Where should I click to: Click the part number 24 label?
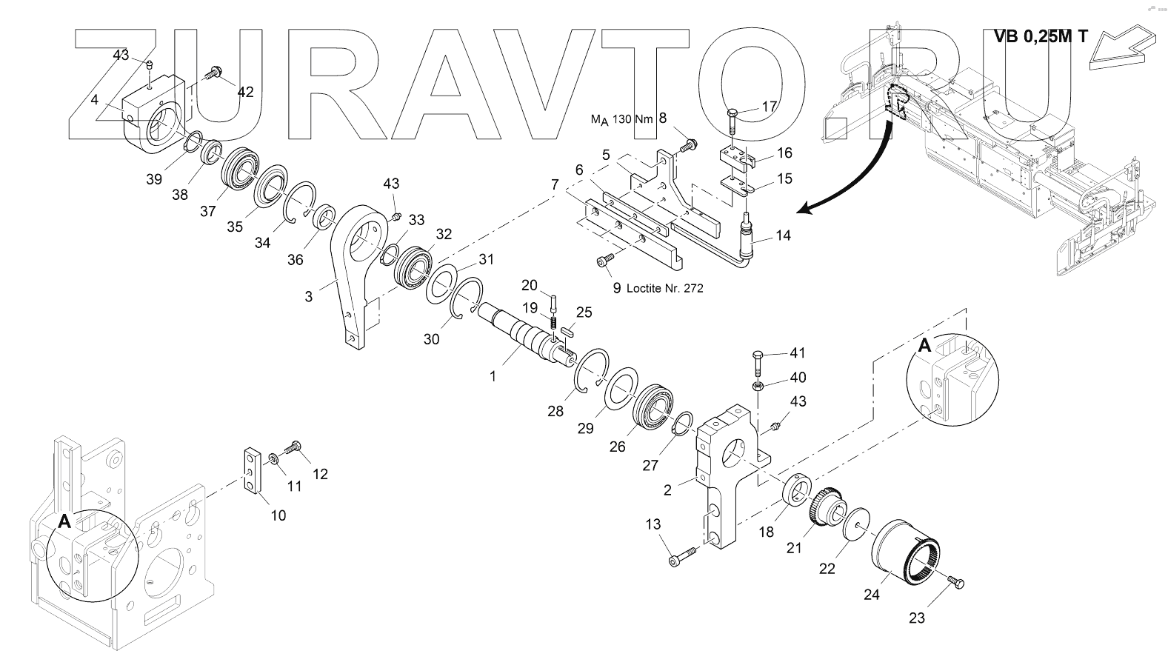(871, 593)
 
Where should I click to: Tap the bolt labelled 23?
(955, 583)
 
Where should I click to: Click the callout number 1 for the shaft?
(493, 375)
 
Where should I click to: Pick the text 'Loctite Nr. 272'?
(664, 288)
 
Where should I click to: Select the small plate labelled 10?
(252, 469)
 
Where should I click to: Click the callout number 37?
(207, 211)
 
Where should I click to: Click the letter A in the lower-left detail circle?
(64, 521)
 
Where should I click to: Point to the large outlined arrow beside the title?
(1123, 48)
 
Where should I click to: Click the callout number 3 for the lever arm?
(308, 296)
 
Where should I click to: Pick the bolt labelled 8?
(687, 144)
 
